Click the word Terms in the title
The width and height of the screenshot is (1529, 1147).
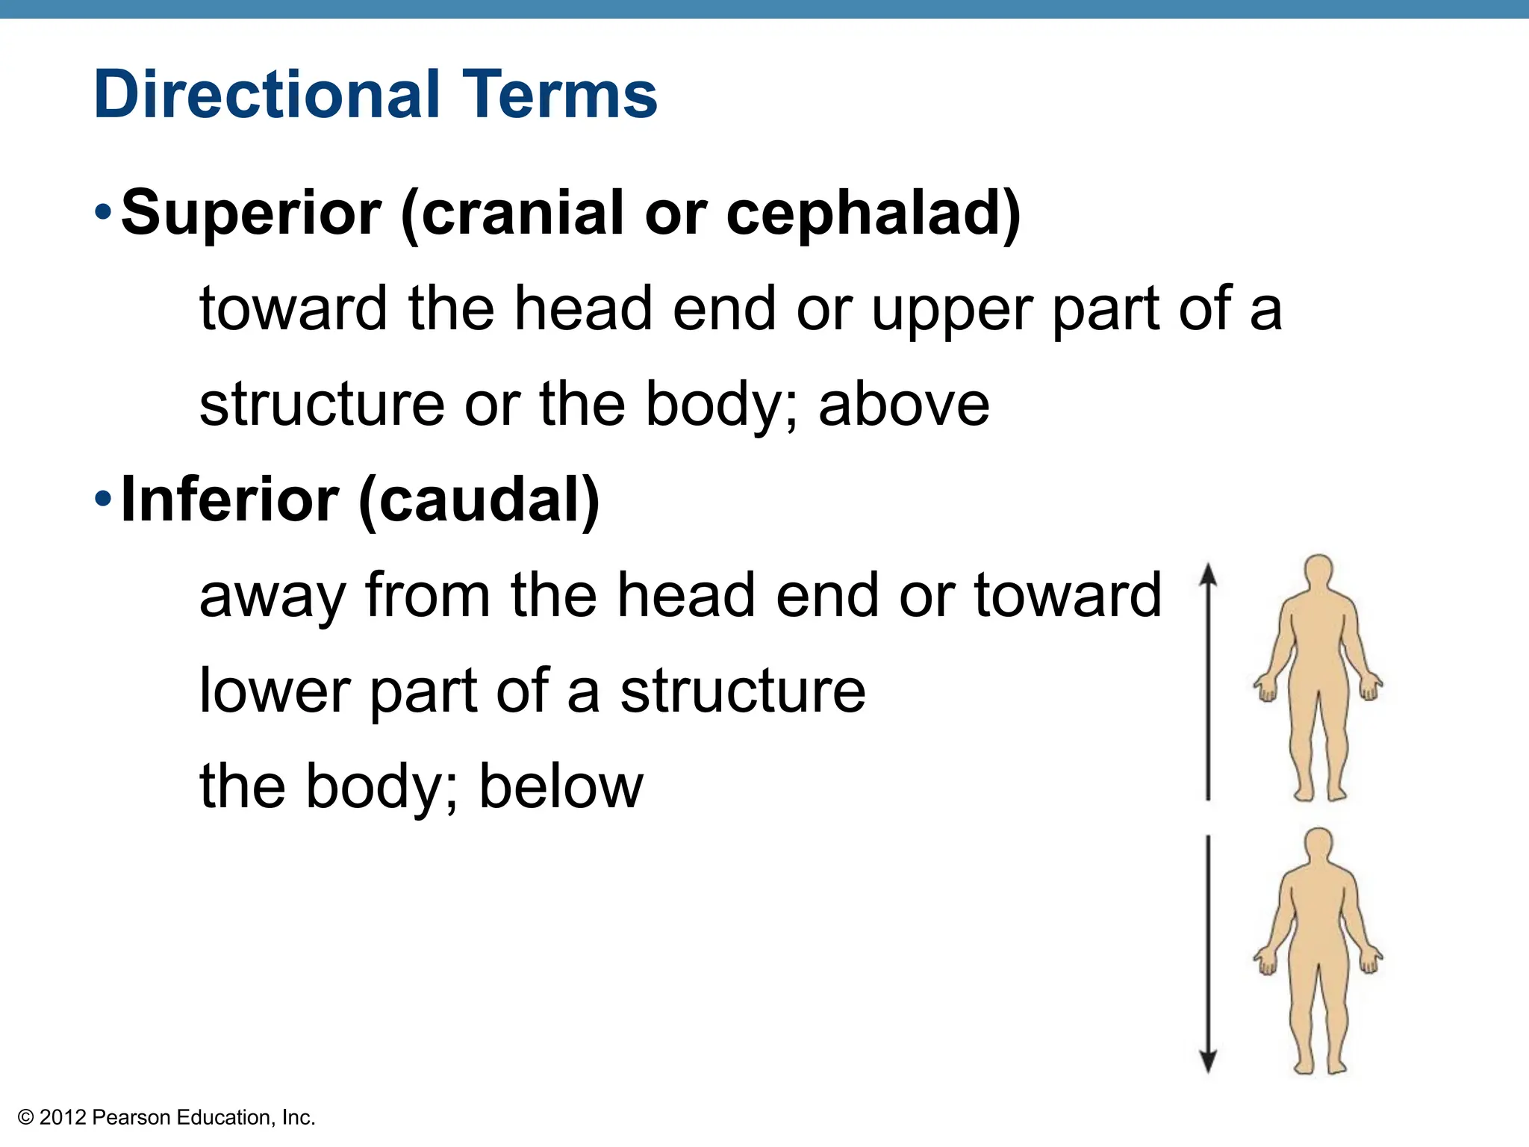click(x=559, y=95)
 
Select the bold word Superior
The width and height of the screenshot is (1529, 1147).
click(x=251, y=213)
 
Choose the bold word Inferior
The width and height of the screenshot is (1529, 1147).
click(x=229, y=500)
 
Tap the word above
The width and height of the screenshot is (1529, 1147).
click(x=903, y=405)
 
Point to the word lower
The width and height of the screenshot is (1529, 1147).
click(x=275, y=691)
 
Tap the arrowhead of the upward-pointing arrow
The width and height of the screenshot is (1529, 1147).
click(x=1208, y=574)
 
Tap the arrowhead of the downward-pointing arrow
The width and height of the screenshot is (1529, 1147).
click(x=1208, y=1060)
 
